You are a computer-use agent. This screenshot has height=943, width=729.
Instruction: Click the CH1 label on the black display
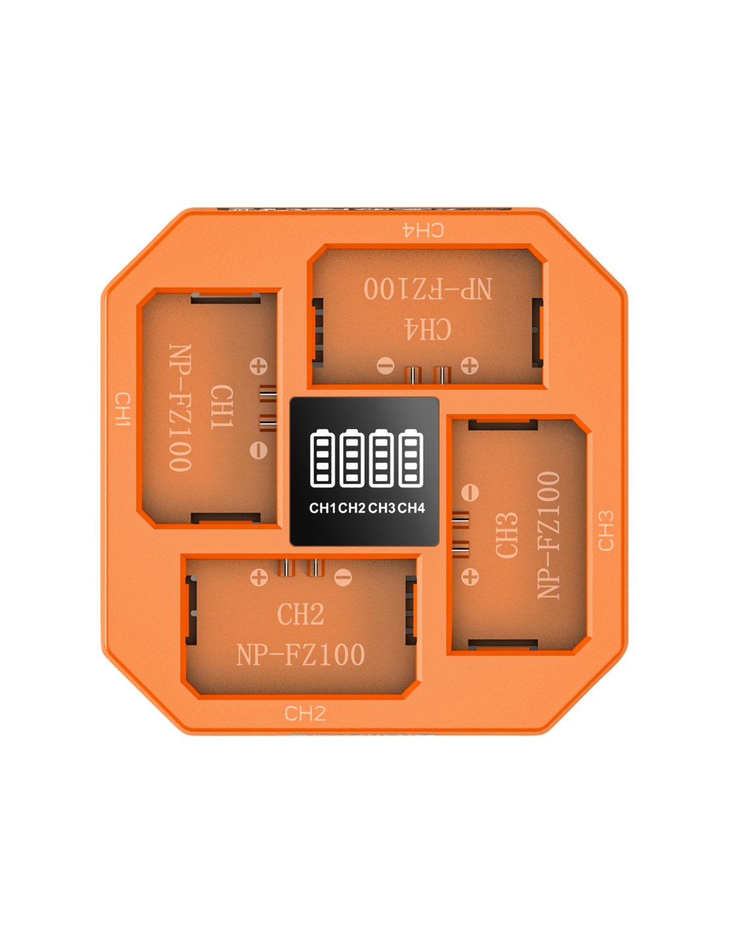click(x=322, y=508)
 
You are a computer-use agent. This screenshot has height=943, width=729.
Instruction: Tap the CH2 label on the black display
click(x=352, y=508)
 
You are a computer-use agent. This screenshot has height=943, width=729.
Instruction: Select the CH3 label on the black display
click(x=382, y=508)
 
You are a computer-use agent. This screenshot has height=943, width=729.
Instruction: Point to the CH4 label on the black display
click(x=411, y=508)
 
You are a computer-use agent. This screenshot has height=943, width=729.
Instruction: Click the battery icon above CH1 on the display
click(x=323, y=458)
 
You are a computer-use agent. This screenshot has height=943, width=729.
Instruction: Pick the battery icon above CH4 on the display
click(x=411, y=458)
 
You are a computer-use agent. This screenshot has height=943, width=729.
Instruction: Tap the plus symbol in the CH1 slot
click(x=258, y=366)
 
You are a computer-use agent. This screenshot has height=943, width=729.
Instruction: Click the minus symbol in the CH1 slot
click(x=258, y=450)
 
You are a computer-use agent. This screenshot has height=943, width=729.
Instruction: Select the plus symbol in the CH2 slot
click(x=259, y=578)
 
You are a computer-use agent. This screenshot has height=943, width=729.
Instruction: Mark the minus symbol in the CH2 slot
click(x=343, y=577)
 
